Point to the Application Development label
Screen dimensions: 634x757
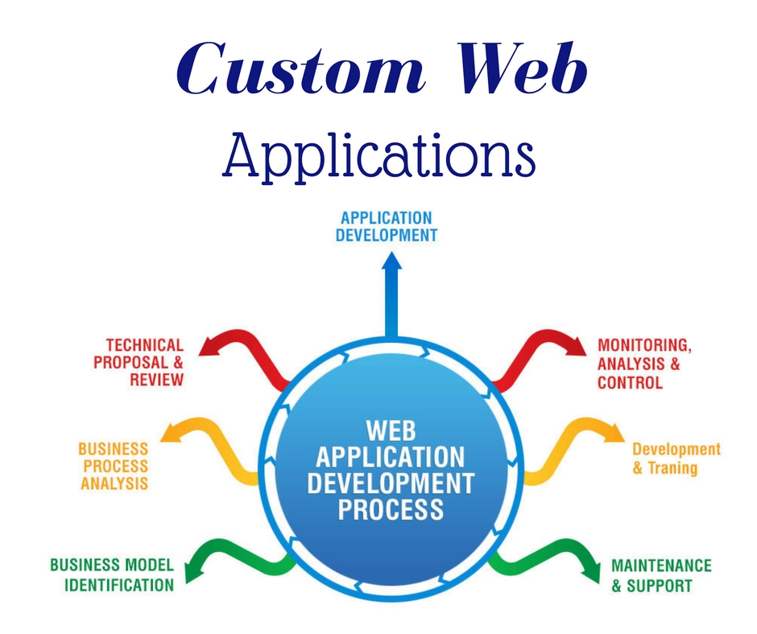pos(387,227)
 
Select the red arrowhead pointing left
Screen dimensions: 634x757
pos(207,347)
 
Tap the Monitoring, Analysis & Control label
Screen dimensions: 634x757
pos(643,364)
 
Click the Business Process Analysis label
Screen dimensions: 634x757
pos(114,466)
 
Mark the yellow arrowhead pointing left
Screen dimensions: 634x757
pos(171,435)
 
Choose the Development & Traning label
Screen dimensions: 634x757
pos(676,459)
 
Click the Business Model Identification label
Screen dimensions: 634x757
pos(112,574)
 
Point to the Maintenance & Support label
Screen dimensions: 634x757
pos(661,575)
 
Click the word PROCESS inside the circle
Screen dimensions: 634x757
pos(391,508)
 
